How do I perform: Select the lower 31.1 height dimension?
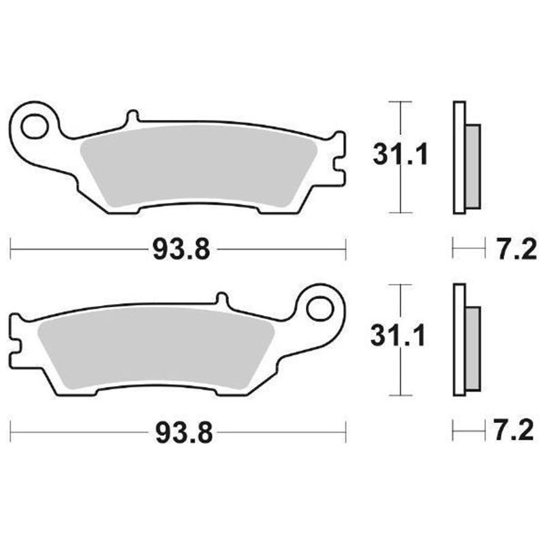coord(398,336)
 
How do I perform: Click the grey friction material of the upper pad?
coord(198,163)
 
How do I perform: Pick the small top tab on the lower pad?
coord(220,300)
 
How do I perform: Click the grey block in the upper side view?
coord(471,167)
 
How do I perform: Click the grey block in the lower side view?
coord(471,349)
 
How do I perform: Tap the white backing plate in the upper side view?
coord(458,157)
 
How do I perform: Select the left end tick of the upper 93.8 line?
coord(12,249)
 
